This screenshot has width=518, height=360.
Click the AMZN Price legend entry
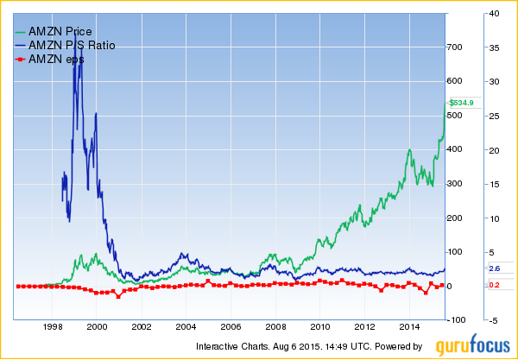tap(60, 31)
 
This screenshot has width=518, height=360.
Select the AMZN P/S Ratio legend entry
tap(72, 45)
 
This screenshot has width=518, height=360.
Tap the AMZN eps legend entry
tap(60, 59)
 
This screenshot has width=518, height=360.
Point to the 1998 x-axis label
tap(53, 328)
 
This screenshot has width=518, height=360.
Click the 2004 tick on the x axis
tap(186, 328)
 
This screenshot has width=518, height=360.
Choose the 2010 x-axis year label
tap(319, 328)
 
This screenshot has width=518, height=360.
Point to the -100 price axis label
tap(456, 320)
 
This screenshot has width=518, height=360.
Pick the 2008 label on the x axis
tap(275, 328)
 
